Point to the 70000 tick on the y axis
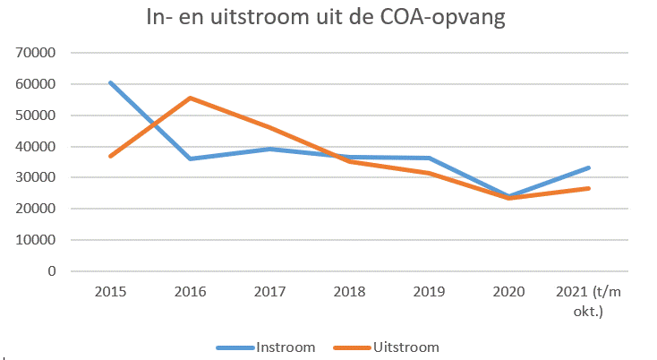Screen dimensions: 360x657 [37, 53]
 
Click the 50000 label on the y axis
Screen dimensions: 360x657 [37, 116]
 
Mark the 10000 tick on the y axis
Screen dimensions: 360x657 [37, 240]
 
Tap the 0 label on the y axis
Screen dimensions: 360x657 [52, 271]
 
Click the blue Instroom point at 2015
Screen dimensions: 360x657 [111, 82]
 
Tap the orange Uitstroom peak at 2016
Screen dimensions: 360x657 [191, 98]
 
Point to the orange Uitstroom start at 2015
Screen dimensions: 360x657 [111, 156]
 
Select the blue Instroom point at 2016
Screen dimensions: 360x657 [191, 159]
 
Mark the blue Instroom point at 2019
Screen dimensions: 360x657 [430, 158]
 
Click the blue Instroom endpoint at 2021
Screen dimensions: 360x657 [589, 167]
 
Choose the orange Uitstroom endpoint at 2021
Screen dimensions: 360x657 [589, 188]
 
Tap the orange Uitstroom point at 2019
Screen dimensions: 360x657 [430, 173]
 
